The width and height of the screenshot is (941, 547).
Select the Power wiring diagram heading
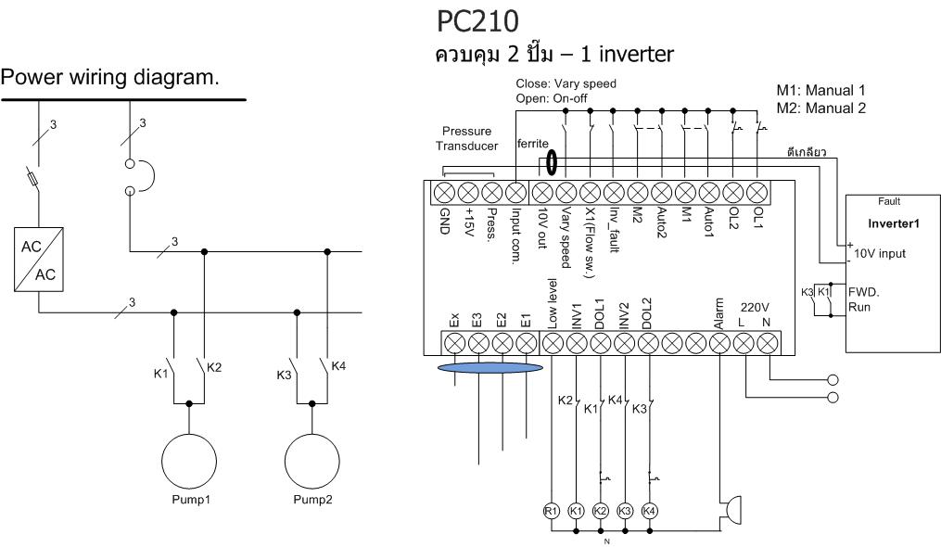click(111, 79)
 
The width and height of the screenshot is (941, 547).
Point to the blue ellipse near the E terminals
click(491, 369)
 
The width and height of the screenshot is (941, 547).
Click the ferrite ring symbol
click(553, 163)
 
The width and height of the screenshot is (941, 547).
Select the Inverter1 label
click(892, 223)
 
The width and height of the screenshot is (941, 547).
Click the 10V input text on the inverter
click(879, 252)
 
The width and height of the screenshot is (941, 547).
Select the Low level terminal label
click(553, 313)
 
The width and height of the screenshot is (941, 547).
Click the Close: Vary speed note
click(566, 83)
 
